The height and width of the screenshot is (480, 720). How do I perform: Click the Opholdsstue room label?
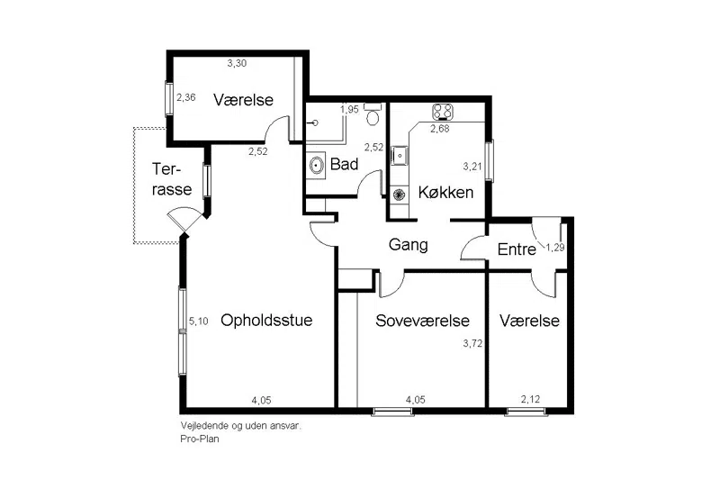[x=266, y=321]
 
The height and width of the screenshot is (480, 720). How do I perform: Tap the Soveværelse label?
[x=422, y=321]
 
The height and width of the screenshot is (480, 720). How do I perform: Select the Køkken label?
[x=445, y=192]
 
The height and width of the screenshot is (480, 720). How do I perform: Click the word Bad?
[x=344, y=164]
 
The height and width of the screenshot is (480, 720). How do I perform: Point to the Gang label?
[x=409, y=245]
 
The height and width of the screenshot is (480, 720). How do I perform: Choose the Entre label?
[x=517, y=249]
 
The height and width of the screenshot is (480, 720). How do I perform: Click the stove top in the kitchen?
[x=443, y=112]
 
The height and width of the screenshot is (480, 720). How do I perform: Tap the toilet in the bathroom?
[x=373, y=115]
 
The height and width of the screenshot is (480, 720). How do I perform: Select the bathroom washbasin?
[x=317, y=165]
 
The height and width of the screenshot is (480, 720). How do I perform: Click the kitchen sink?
[x=400, y=155]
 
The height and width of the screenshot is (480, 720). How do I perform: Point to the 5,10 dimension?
[x=198, y=322]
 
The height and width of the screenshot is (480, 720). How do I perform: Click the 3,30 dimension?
[x=237, y=63]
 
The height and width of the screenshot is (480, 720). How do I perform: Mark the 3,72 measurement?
[x=472, y=343]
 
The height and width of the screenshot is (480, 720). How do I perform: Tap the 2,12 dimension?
[x=530, y=399]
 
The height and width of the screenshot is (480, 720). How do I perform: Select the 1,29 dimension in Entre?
[x=554, y=248]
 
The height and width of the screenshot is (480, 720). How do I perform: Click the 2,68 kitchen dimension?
[x=439, y=129]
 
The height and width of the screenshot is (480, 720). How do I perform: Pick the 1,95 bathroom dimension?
[x=349, y=109]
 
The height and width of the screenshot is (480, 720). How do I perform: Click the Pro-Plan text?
[x=200, y=439]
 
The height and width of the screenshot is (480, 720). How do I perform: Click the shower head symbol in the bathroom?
[x=314, y=122]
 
